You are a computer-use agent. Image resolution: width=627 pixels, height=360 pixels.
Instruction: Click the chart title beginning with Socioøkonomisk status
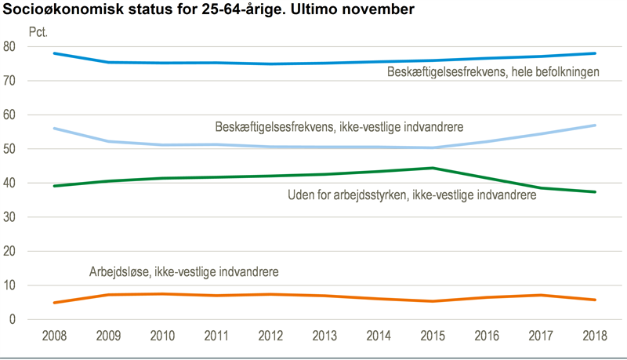click(x=208, y=11)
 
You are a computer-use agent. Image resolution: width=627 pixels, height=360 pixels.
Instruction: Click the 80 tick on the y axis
click(x=32, y=47)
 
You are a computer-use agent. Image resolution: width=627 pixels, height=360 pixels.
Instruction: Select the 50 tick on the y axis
click(x=32, y=149)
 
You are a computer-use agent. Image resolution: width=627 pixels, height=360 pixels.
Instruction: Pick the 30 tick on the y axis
click(x=32, y=217)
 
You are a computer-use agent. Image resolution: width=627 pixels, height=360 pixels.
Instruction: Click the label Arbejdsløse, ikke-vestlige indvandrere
click(x=184, y=271)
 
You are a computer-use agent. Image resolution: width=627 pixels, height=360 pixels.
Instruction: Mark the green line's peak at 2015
click(x=433, y=168)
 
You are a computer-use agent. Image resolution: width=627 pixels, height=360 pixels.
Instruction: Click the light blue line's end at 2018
click(x=596, y=125)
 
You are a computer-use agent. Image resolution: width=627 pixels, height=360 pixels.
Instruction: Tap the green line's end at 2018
click(x=596, y=192)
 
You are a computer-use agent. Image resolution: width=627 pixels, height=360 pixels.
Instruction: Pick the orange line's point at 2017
click(x=542, y=295)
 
